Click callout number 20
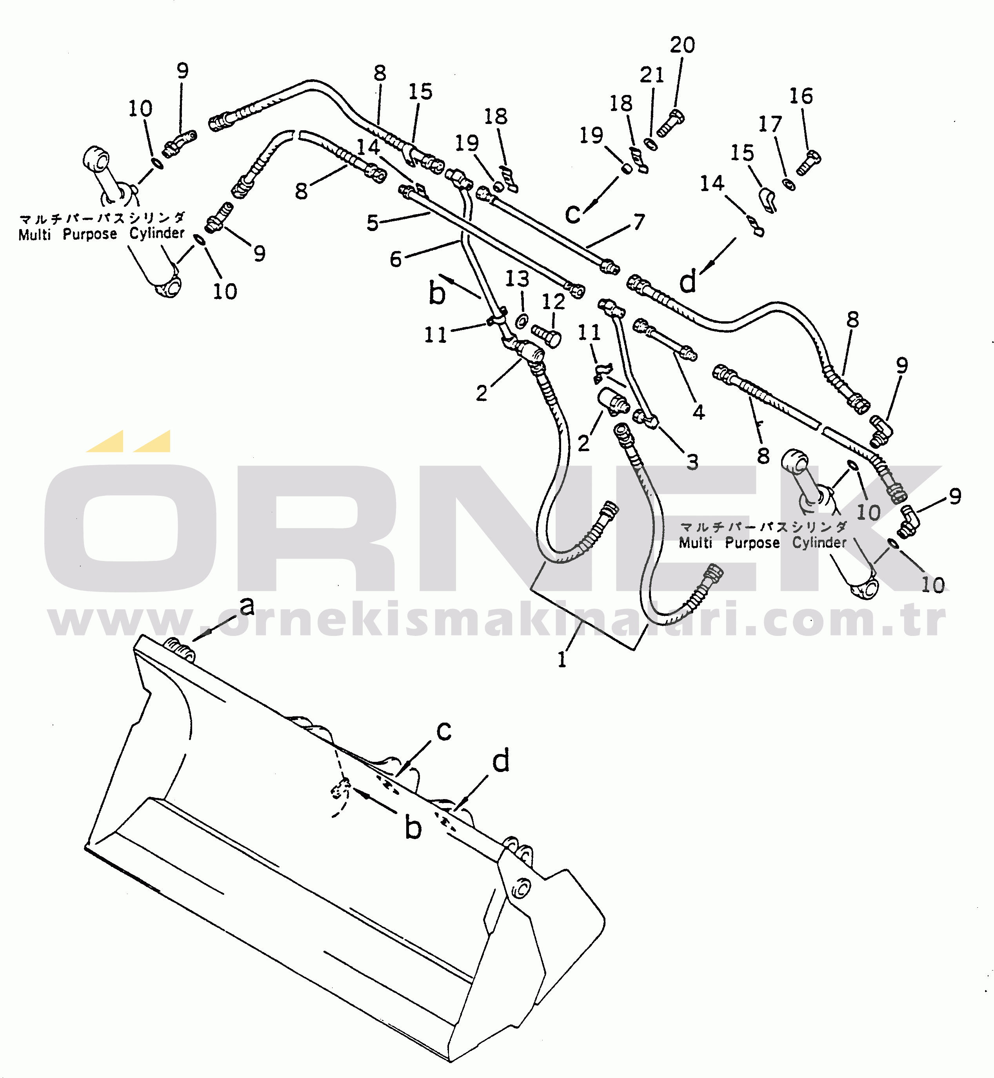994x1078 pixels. point(682,45)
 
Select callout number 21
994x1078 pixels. point(652,75)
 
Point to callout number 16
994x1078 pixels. point(801,97)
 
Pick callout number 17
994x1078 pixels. point(770,125)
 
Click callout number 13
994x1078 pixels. point(517,279)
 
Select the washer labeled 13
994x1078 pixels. point(521,322)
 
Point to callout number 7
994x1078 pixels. point(638,221)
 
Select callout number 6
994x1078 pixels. point(396,259)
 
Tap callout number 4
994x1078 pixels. point(698,412)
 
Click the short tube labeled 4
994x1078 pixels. point(666,341)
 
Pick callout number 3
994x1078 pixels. point(692,462)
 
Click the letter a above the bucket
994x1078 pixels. point(247,606)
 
